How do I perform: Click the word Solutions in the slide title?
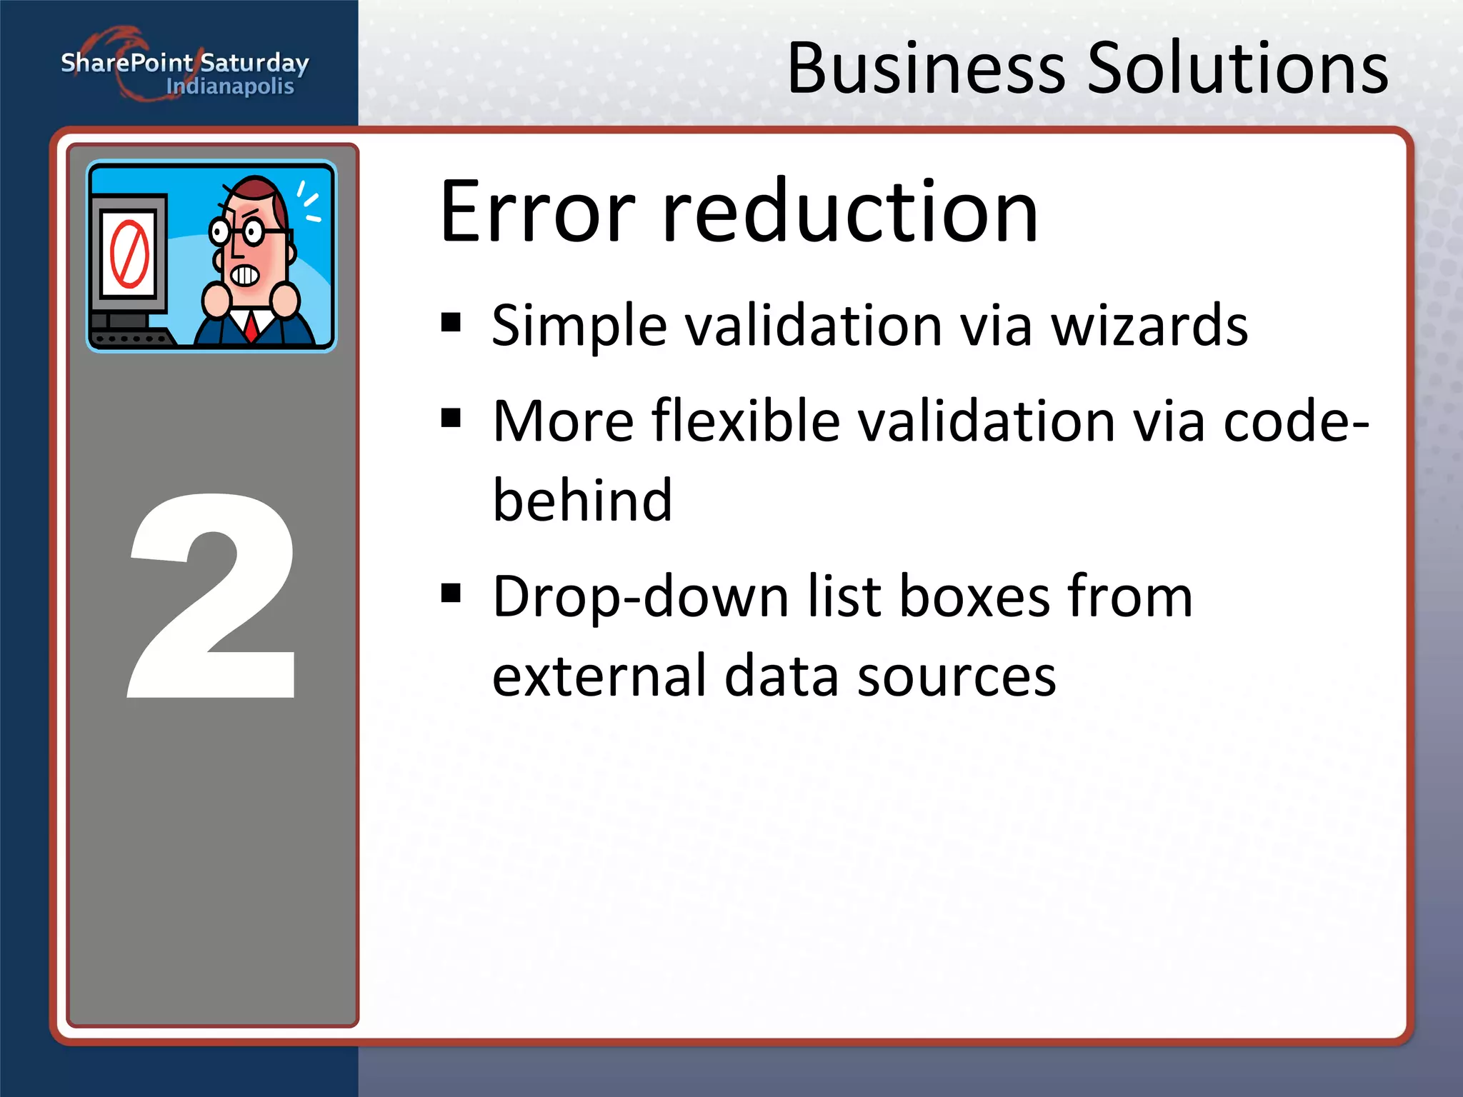1237,69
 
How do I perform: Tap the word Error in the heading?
537,212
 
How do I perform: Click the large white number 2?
213,595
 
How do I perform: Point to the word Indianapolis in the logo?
230,87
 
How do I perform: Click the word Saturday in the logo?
254,64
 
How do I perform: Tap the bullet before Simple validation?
451,323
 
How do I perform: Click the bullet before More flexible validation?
451,417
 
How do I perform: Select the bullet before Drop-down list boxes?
451,593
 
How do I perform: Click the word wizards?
1149,326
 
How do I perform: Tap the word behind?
582,500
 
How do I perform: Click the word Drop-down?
640,597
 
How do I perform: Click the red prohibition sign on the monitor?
129,254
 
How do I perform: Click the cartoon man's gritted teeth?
244,275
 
